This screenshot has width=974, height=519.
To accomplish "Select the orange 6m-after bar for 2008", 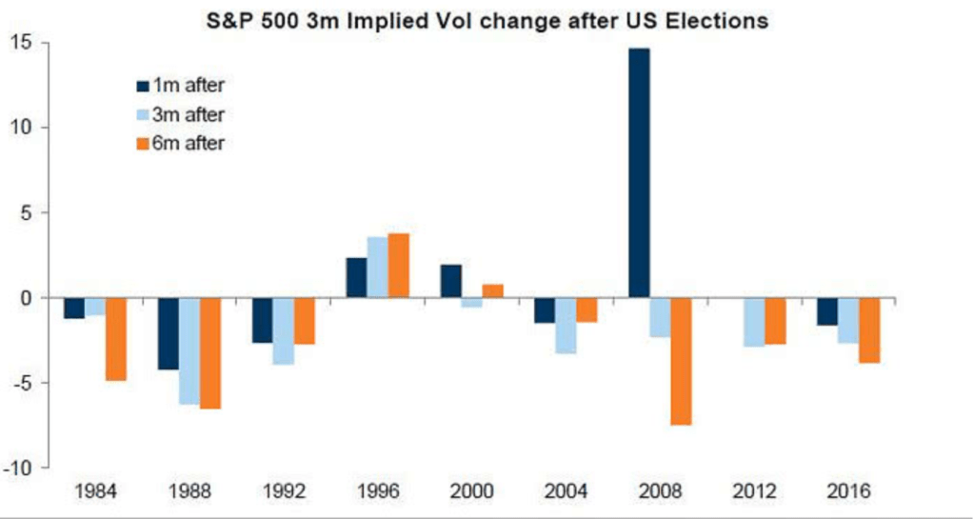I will pos(683,361).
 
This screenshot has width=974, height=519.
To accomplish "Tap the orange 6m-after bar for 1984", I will pos(115,339).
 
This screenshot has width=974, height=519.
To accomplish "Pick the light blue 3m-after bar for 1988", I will pos(189,351).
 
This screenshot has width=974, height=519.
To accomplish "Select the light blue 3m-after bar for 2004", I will pos(567,326).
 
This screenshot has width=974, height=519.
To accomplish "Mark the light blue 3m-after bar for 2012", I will pos(755,322).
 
